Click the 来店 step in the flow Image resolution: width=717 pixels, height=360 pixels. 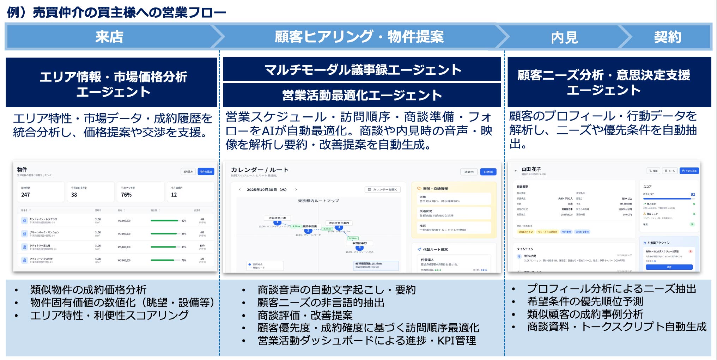coord(109,37)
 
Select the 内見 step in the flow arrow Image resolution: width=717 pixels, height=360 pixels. coord(564,37)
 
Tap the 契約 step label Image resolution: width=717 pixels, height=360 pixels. coord(667,37)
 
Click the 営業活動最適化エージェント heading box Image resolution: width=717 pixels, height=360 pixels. coord(362,95)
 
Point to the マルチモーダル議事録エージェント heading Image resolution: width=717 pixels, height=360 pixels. coord(362,69)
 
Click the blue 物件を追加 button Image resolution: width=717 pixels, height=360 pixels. coord(206,172)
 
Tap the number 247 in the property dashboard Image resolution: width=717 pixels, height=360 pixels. coord(26,195)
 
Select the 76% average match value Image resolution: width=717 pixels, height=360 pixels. coord(126,195)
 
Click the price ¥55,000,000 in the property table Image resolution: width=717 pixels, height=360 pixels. coord(124,247)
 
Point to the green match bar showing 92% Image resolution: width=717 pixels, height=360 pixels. coord(164,221)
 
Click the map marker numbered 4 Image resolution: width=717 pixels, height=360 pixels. coord(359,248)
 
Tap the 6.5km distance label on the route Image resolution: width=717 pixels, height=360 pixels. coord(353,238)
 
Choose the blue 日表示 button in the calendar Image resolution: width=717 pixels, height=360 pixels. coord(488,172)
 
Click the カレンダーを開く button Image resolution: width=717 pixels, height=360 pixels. coord(382,190)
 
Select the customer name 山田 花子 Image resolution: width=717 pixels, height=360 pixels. coord(531,169)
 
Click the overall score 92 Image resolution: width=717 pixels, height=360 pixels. coord(693,194)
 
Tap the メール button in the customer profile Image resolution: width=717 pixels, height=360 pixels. coord(670,171)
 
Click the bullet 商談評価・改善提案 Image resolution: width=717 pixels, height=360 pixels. coord(305,315)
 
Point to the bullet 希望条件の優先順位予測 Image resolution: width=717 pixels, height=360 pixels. coord(585,301)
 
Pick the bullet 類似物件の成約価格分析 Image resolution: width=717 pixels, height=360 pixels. coord(88,290)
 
